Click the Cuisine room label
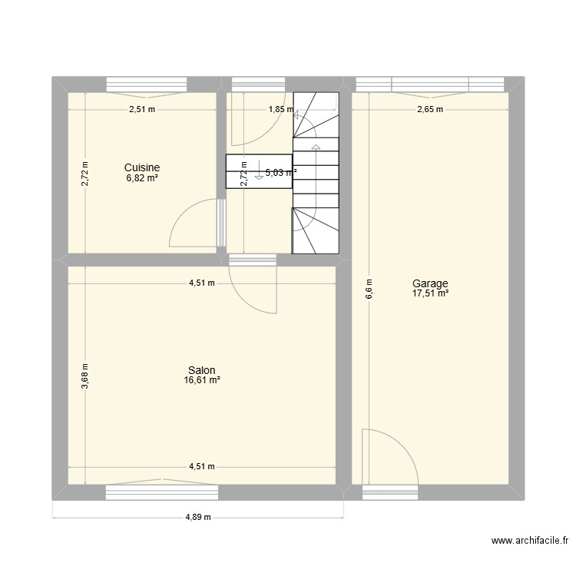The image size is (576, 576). click(142, 167)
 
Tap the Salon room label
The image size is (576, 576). click(202, 370)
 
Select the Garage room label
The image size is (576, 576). click(433, 283)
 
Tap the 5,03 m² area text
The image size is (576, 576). click(280, 174)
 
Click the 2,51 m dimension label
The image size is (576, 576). click(141, 109)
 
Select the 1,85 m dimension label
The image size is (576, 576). click(280, 109)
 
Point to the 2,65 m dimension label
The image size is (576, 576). click(430, 109)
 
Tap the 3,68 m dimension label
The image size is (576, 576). click(85, 376)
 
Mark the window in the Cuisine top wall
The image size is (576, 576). click(146, 84)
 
